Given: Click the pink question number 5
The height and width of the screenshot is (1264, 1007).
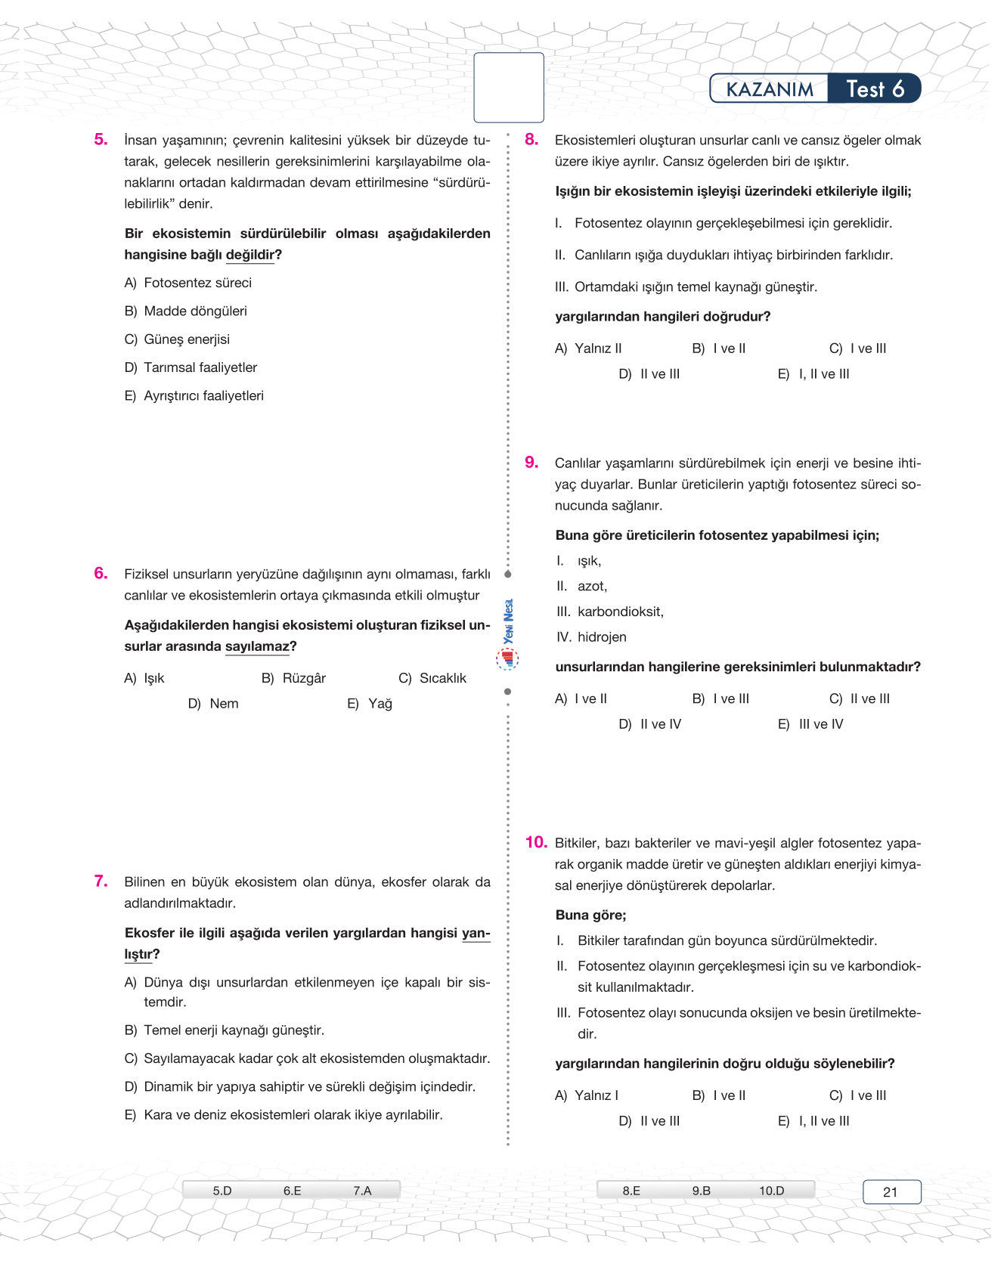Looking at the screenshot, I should (x=101, y=139).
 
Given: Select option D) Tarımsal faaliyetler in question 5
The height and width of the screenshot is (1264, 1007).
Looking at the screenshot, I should (x=191, y=367).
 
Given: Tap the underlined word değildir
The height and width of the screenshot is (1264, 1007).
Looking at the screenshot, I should (x=249, y=255).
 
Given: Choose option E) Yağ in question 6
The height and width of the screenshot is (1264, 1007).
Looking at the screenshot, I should (x=370, y=704).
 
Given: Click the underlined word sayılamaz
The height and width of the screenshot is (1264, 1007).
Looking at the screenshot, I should (x=257, y=646).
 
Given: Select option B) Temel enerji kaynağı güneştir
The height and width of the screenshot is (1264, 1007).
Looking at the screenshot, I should (x=224, y=1030).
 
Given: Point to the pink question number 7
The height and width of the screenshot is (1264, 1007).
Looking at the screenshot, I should (x=101, y=881).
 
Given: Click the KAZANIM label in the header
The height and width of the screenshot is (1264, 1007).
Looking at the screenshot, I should (x=770, y=89).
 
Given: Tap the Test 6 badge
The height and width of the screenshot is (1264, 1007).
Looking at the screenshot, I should (x=875, y=89).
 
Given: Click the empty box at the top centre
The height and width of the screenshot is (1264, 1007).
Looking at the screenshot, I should (x=509, y=88).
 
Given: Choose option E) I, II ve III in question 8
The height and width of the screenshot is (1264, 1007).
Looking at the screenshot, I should (x=813, y=374).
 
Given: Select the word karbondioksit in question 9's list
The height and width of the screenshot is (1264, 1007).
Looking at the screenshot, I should (x=620, y=612).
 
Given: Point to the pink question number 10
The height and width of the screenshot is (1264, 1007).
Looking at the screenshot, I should (x=536, y=843).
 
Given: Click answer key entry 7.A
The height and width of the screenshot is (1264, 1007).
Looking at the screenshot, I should (x=362, y=1191).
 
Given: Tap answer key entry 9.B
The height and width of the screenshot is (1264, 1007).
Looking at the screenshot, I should (x=701, y=1191).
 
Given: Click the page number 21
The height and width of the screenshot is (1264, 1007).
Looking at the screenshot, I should (x=891, y=1192).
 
